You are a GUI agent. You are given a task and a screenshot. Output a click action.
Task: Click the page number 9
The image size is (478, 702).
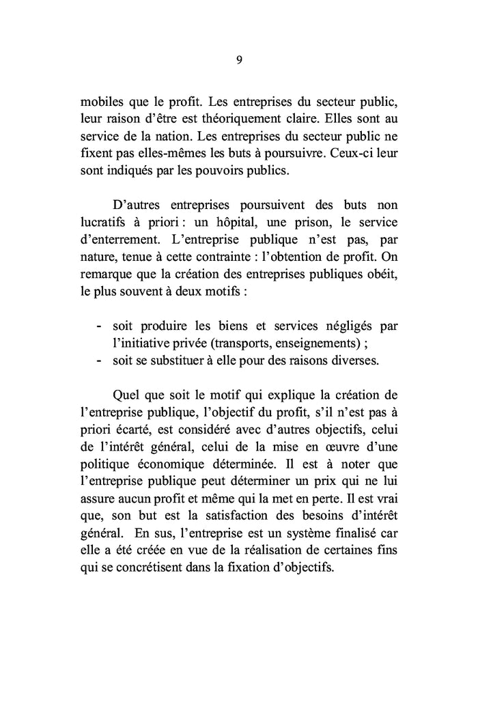(x=239, y=59)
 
